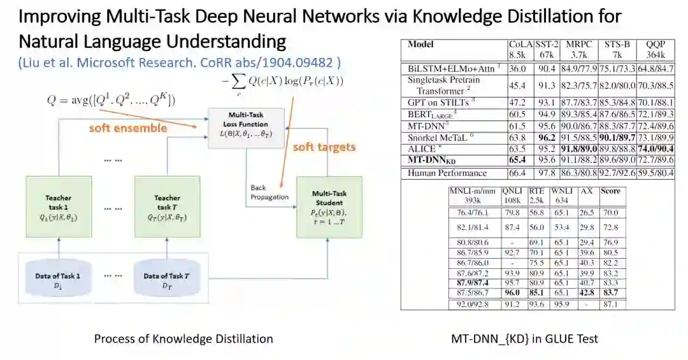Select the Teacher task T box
click(168, 208)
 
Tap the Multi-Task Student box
click(329, 208)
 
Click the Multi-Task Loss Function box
click(246, 128)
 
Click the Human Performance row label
click(447, 173)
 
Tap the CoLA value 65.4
click(518, 159)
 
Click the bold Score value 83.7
click(611, 292)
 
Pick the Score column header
click(610, 191)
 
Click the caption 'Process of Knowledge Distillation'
click(183, 339)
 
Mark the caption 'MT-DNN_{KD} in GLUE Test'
click(534, 339)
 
